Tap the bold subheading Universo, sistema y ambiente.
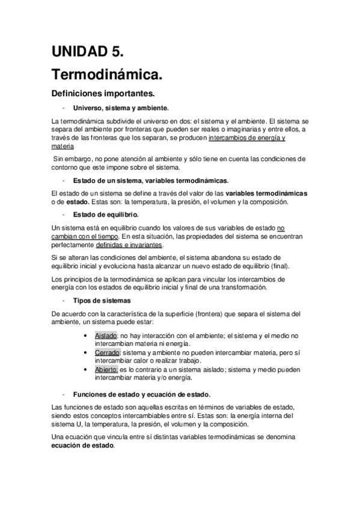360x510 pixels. [x=121, y=108]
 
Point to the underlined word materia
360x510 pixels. [x=63, y=146]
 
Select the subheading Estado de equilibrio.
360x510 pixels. [x=106, y=215]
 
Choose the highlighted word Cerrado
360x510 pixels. [x=108, y=352]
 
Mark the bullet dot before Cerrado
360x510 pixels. [x=89, y=352]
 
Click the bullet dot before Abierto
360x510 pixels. [x=89, y=369]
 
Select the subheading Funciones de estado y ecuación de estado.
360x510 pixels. [x=142, y=394]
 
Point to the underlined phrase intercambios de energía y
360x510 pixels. [x=246, y=138]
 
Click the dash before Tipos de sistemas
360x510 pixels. [x=63, y=300]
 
